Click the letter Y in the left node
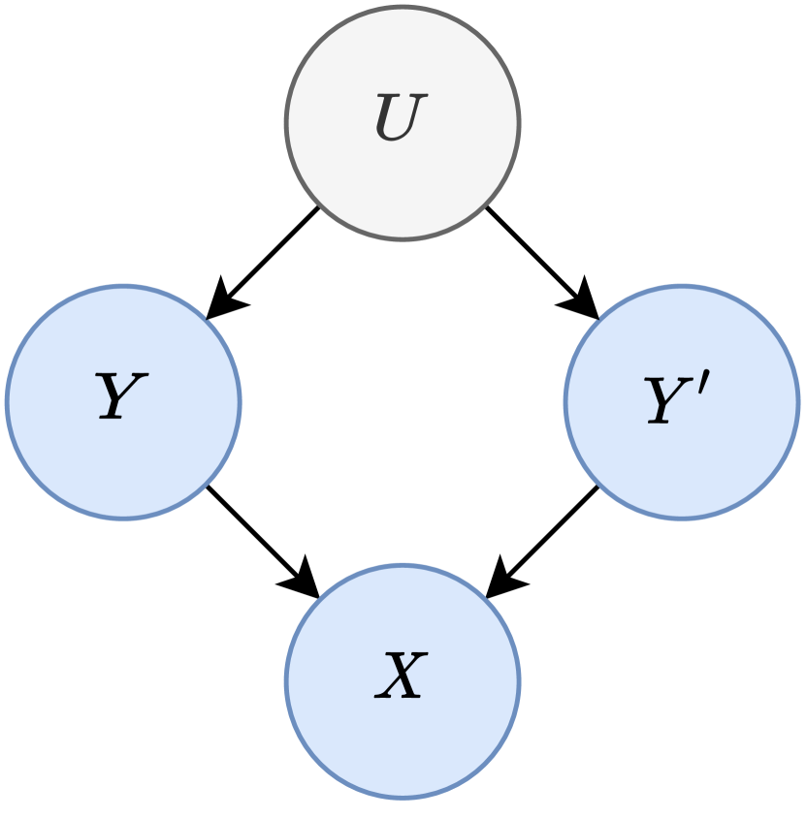120,397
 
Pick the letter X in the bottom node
401,676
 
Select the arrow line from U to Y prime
533,254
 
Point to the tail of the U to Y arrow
316,210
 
